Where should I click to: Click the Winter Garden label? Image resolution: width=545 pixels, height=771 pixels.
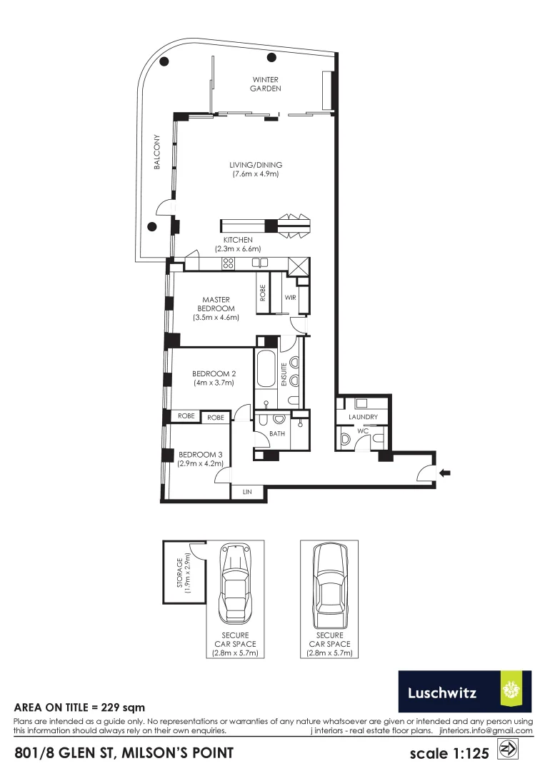click(x=265, y=84)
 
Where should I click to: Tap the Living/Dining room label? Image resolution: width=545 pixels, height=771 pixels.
click(x=255, y=166)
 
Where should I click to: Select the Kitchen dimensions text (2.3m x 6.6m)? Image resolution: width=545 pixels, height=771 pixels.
click(x=238, y=249)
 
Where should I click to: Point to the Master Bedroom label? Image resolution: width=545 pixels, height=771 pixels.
click(x=215, y=304)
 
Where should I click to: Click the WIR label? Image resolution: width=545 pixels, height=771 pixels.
click(x=291, y=296)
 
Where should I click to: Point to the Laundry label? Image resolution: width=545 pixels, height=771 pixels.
click(x=363, y=418)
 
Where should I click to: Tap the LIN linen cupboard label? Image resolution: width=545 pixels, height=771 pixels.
click(x=247, y=493)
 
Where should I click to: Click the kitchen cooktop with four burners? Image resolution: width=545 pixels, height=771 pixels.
click(x=229, y=263)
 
